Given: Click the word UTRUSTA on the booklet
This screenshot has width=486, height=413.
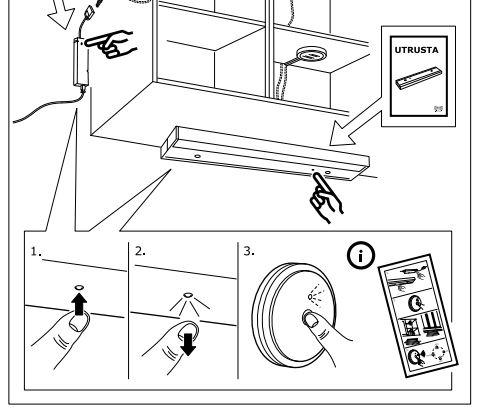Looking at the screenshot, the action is click(x=416, y=50).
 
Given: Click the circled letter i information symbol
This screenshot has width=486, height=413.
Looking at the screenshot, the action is click(x=361, y=255).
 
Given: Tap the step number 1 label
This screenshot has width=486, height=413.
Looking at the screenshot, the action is click(x=35, y=251).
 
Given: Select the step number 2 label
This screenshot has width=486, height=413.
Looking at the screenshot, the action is click(x=140, y=251).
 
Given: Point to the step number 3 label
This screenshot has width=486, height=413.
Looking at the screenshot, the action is click(x=249, y=251).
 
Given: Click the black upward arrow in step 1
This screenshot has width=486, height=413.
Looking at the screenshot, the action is click(x=79, y=304).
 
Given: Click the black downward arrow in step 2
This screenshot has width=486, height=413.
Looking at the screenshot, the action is click(x=188, y=344).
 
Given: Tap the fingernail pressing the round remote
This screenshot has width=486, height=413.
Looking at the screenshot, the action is click(x=310, y=319).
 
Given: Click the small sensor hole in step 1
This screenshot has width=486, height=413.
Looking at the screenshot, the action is click(x=79, y=287).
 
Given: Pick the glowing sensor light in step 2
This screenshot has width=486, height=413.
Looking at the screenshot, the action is click(x=188, y=295).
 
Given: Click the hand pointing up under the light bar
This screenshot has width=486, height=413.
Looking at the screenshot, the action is click(x=326, y=196).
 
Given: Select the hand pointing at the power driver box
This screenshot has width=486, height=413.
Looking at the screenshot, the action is click(x=110, y=44).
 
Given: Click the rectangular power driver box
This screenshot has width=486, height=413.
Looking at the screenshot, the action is click(x=81, y=62).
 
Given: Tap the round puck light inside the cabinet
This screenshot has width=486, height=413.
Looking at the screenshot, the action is click(x=311, y=54).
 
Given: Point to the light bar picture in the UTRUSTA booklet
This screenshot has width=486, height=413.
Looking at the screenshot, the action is click(x=420, y=77).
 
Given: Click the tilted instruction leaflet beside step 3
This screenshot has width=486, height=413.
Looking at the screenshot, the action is click(x=418, y=316).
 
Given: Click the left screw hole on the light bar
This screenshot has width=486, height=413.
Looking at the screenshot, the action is click(x=197, y=156).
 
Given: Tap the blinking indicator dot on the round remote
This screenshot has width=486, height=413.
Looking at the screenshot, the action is click(x=310, y=297).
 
